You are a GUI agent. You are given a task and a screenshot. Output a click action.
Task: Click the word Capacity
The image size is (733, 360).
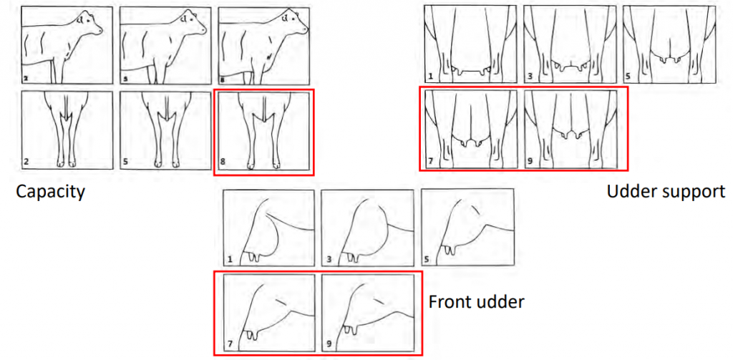coord(50,192)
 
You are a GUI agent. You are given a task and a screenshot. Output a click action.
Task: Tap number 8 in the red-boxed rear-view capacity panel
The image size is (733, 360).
coord(222,163)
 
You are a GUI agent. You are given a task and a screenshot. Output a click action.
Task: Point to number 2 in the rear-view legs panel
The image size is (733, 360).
coord(26,163)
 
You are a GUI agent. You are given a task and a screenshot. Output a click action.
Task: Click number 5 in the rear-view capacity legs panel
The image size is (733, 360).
coord(125,163)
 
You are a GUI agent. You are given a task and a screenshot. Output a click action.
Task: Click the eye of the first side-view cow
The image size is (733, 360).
coord(89,21)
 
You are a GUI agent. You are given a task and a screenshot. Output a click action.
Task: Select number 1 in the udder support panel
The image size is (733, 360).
coord(430,75)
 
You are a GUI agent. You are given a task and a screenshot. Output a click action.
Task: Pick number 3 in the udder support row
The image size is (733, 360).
coord(529,75)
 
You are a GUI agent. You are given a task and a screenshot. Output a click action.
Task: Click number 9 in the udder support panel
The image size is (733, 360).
coord(529,162)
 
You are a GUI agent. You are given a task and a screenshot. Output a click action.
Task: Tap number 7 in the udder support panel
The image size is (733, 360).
coord(430,162)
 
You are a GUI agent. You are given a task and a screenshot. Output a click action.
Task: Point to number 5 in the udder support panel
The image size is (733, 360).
coord(628,75)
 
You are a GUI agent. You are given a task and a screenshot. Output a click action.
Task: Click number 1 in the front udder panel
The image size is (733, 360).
coord(230,261)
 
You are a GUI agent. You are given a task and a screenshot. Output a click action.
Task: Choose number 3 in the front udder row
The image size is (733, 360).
coord(328,261)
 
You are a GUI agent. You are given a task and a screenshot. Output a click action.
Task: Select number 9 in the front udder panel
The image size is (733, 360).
coord(329,344)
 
